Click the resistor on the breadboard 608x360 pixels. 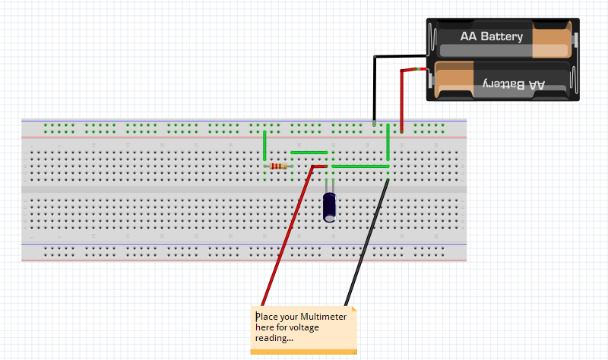[279, 166]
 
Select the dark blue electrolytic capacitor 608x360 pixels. [330, 207]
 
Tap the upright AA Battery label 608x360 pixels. [491, 36]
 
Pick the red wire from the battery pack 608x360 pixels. [402, 99]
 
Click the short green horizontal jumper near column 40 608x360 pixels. [309, 152]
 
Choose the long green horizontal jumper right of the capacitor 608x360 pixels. [361, 166]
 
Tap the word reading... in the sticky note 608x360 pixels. [274, 338]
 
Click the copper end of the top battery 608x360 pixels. [552, 39]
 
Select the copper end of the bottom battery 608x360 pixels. [454, 80]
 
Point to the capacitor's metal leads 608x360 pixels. [330, 185]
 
